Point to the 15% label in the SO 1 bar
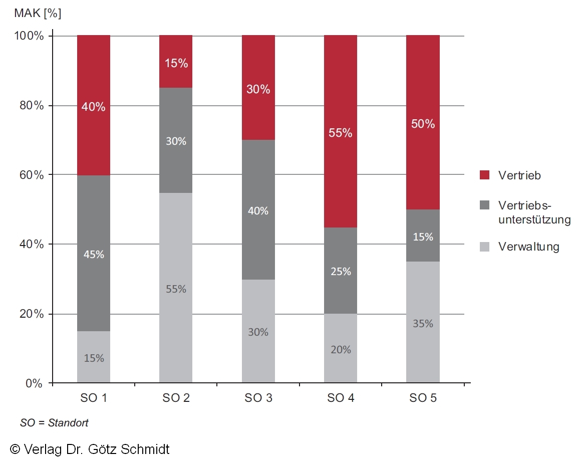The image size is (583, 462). click(94, 358)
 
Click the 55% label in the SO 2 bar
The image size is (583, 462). click(176, 289)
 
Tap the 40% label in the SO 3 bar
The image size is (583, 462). click(258, 211)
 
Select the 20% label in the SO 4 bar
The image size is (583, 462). click(341, 350)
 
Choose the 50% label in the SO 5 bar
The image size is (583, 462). click(423, 124)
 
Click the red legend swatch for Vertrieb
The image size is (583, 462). click(484, 175)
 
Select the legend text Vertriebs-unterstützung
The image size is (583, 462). click(534, 212)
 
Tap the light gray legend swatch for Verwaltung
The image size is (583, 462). click(484, 247)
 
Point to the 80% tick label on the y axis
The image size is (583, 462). click(32, 106)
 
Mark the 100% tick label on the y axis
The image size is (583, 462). click(30, 37)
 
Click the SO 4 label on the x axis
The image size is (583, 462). click(341, 399)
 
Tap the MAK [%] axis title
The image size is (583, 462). click(38, 14)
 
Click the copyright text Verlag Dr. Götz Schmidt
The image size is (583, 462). click(90, 449)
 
